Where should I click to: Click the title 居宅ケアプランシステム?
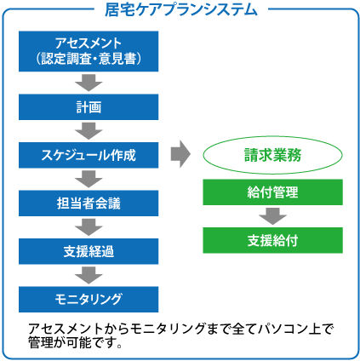point(180,10)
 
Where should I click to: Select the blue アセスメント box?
point(89,50)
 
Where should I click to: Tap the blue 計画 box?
point(89,108)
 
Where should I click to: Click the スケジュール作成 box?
point(89,156)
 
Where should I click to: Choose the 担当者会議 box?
point(89,203)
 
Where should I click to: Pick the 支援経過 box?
point(89,251)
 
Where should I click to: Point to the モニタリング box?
point(89,299)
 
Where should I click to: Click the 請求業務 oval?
point(272,156)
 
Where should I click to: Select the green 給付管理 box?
point(272,192)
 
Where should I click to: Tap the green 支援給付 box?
point(272,240)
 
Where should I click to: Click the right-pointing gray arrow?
point(180,154)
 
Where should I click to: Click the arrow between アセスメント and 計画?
point(89,83)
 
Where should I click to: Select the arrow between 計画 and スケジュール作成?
point(89,131)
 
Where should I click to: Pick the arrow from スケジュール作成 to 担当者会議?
point(89,179)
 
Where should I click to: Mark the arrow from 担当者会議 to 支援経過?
point(89,226)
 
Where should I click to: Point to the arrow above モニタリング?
point(89,274)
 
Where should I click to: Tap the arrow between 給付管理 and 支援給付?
point(272,216)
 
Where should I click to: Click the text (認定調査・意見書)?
point(89,59)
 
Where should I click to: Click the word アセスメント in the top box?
point(89,43)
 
